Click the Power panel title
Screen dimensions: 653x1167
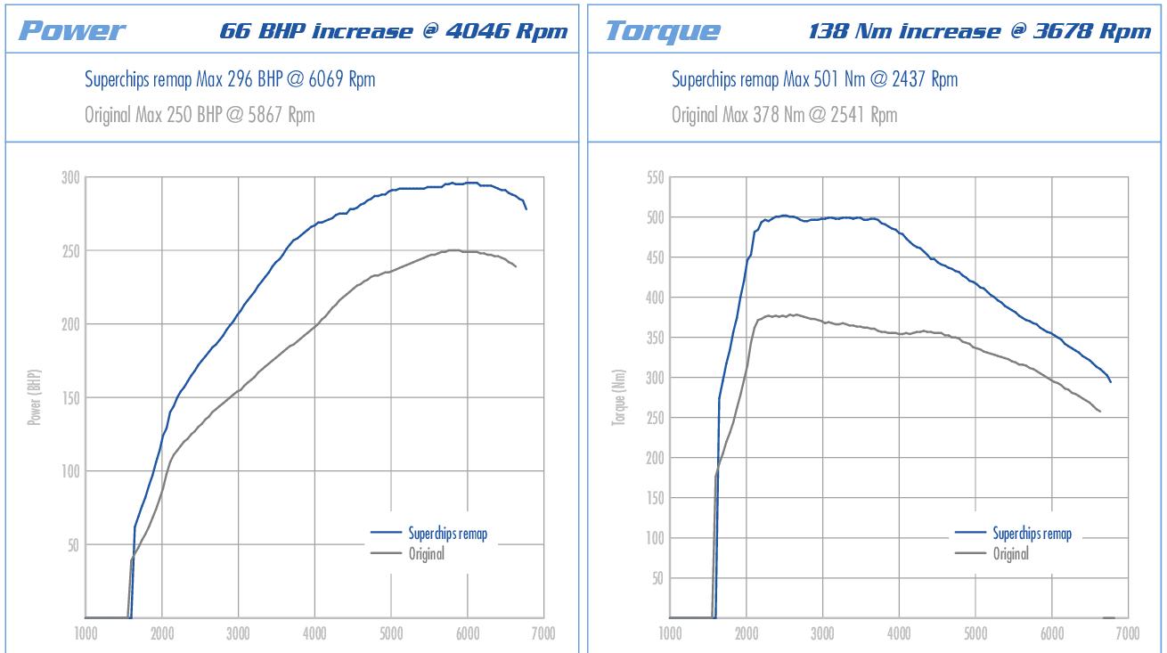coord(72,31)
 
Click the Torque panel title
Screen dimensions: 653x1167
coord(663,31)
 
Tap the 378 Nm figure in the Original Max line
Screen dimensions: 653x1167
coord(778,115)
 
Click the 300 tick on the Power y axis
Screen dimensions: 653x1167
coord(69,177)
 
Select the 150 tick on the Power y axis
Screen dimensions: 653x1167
coord(69,397)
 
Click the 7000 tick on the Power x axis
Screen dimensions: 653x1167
coord(543,634)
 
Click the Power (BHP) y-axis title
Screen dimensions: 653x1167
coord(35,397)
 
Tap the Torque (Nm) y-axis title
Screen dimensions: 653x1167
coord(618,397)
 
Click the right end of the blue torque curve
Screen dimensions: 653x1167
coord(1111,381)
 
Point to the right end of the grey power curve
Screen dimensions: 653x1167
coord(516,266)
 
